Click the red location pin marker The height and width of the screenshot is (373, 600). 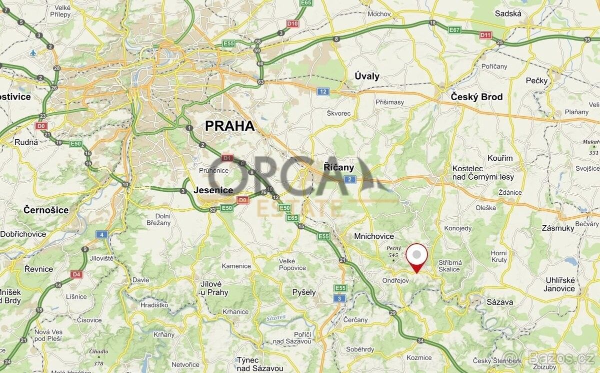tap(416, 256)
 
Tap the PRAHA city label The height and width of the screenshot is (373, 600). tap(230, 126)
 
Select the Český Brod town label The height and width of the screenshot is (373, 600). tap(476, 97)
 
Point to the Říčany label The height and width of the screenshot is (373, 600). tap(338, 167)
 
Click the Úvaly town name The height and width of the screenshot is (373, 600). tap(367, 76)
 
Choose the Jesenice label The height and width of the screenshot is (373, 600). tap(213, 190)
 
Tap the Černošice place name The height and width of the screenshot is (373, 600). tap(46, 210)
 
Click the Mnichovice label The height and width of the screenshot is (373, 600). tap(373, 236)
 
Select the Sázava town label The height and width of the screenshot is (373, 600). tap(500, 302)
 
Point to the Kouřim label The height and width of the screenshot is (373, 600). tap(500, 158)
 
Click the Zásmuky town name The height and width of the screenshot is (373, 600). tap(558, 228)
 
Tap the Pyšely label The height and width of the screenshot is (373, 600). tap(304, 292)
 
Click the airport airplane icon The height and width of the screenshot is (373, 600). tap(33, 52)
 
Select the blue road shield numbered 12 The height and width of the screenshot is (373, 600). tap(323, 91)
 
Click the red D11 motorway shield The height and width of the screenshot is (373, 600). tap(485, 35)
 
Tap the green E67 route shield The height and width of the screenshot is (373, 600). tap(454, 30)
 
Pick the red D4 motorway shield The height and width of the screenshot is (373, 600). tap(76, 274)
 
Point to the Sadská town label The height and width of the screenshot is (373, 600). tap(508, 14)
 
